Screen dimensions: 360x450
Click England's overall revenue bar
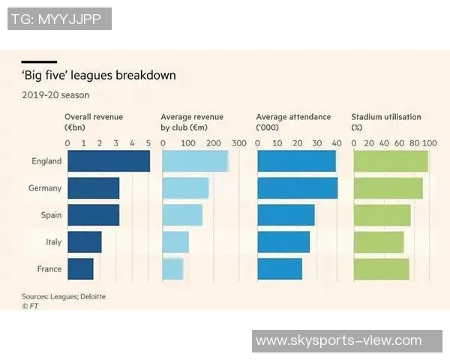pos(108,161)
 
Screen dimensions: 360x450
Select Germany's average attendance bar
pos(297,188)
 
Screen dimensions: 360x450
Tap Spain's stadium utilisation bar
pos(382,215)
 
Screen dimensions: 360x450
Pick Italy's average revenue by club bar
pos(175,242)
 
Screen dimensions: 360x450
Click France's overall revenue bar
pos(80,268)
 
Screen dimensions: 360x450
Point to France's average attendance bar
pos(280,268)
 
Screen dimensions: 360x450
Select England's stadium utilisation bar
pos(390,161)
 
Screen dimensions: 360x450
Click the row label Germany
pos(45,188)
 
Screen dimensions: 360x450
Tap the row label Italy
pos(53,242)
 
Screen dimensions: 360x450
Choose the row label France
pos(49,268)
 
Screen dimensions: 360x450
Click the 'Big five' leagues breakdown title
pos(98,76)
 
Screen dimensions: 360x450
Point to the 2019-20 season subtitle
pos(55,95)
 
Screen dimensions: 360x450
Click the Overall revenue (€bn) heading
pos(94,121)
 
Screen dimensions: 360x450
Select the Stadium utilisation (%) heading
pos(386,121)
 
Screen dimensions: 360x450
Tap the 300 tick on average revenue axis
pos(239,142)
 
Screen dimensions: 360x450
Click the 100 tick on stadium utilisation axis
pos(430,142)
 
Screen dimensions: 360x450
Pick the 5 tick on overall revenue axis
pos(148,142)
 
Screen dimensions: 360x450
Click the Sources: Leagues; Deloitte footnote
pos(64,297)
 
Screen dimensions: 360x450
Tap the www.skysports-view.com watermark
pos(339,341)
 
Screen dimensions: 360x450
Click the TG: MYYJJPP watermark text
pos(60,19)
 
